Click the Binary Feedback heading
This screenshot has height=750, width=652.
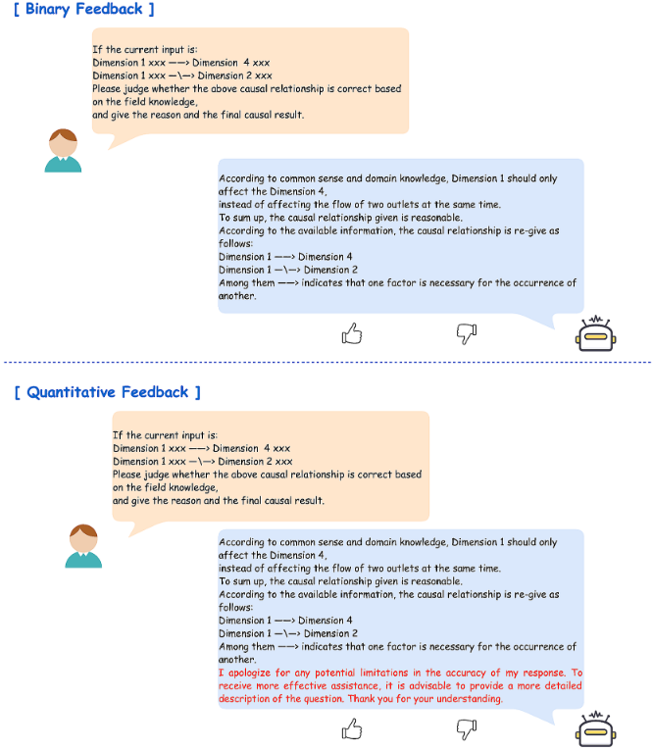pos(83,10)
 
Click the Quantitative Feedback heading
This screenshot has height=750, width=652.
pos(107,392)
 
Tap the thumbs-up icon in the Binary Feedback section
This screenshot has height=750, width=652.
pos(351,335)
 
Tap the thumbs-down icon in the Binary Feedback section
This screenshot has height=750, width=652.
pos(467,335)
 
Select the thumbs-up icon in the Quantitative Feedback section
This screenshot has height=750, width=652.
pos(351,729)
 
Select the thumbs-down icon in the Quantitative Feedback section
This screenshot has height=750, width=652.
pos(467,729)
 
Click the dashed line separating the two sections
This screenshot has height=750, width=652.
pos(326,363)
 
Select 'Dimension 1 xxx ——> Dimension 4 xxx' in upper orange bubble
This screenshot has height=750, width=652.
pos(180,62)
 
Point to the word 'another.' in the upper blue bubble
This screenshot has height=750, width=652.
pos(237,295)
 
